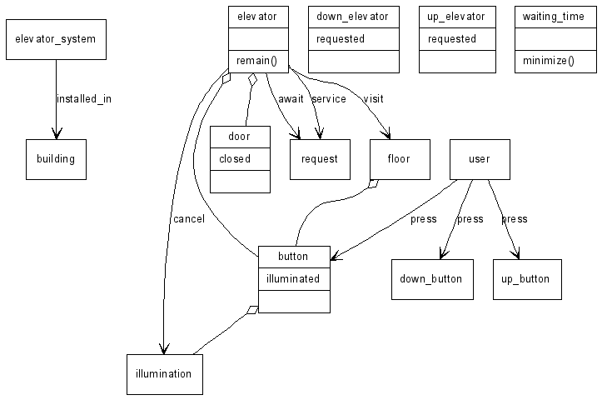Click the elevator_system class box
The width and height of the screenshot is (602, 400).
56,39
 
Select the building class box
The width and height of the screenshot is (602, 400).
56,159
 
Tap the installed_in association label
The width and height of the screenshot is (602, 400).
83,99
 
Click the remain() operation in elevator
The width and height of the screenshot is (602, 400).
257,61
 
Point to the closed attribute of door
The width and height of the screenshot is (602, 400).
235,158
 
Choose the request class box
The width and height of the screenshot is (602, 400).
320,159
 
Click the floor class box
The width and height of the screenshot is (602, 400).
399,159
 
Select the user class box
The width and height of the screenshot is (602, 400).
480,159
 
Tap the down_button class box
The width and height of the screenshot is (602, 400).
432,279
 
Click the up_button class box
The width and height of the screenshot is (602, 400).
527,279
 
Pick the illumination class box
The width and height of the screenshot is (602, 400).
164,374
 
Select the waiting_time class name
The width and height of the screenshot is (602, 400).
554,17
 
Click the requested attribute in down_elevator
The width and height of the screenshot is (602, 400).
341,39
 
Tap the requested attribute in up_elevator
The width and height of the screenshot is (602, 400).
452,39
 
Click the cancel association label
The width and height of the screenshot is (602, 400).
188,219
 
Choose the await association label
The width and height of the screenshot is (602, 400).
291,99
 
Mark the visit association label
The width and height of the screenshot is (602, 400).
373,99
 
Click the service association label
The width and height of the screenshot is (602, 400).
328,99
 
